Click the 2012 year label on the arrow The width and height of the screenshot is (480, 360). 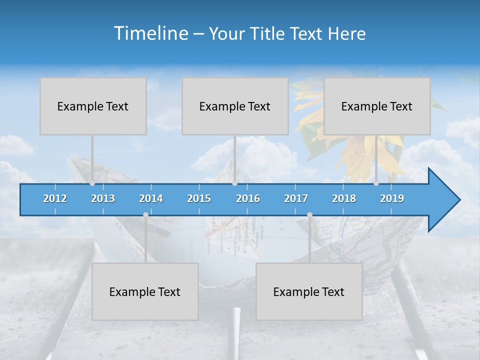pos(55,198)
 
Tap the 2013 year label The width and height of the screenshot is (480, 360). pos(103,198)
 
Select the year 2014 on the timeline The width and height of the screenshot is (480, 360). pos(151,198)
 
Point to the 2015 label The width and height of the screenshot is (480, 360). pos(199,198)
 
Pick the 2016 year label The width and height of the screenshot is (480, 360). pos(248,198)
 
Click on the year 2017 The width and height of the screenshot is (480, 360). pos(296,198)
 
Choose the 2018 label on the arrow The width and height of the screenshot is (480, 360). pos(344,198)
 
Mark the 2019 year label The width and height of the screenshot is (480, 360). pos(392,198)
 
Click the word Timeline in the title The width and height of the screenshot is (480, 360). pos(150,33)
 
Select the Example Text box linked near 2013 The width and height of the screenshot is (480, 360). pos(93,106)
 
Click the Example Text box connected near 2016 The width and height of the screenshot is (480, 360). pos(235,106)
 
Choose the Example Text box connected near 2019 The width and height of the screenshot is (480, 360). pos(377,106)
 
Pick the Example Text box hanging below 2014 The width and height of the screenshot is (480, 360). pos(145,291)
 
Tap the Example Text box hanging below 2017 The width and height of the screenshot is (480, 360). pos(309,291)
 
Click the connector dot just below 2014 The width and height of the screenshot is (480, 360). pos(145,214)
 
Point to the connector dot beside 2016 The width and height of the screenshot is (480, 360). pos(234,183)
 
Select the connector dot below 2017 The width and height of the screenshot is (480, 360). pos(309,214)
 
